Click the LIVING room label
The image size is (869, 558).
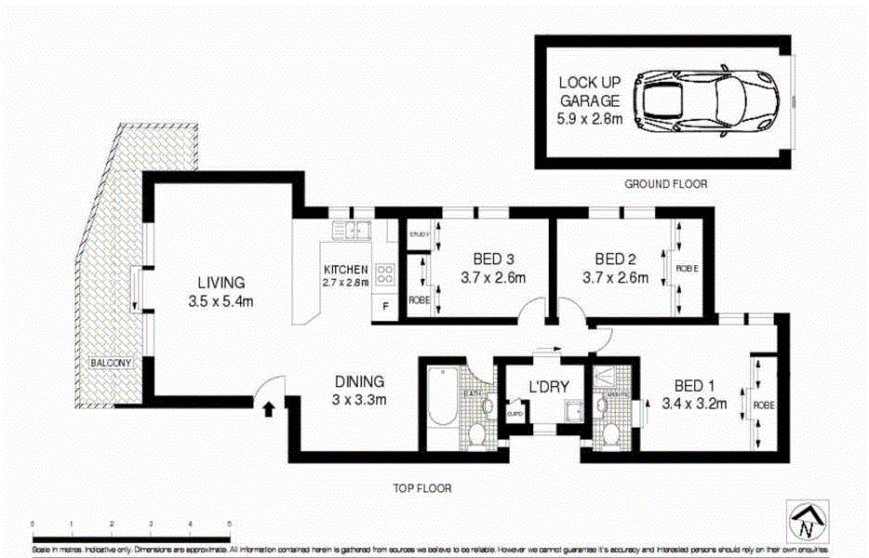(221, 282)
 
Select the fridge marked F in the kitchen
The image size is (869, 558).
(385, 308)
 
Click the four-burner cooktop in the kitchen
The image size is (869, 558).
(386, 273)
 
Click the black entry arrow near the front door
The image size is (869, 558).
(270, 408)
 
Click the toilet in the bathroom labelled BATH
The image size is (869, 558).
(477, 433)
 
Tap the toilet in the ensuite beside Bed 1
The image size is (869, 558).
(611, 433)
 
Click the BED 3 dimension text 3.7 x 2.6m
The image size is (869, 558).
(493, 277)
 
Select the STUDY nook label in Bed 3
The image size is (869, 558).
(419, 234)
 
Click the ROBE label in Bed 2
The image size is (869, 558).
(687, 269)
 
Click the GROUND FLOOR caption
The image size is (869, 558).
(665, 184)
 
